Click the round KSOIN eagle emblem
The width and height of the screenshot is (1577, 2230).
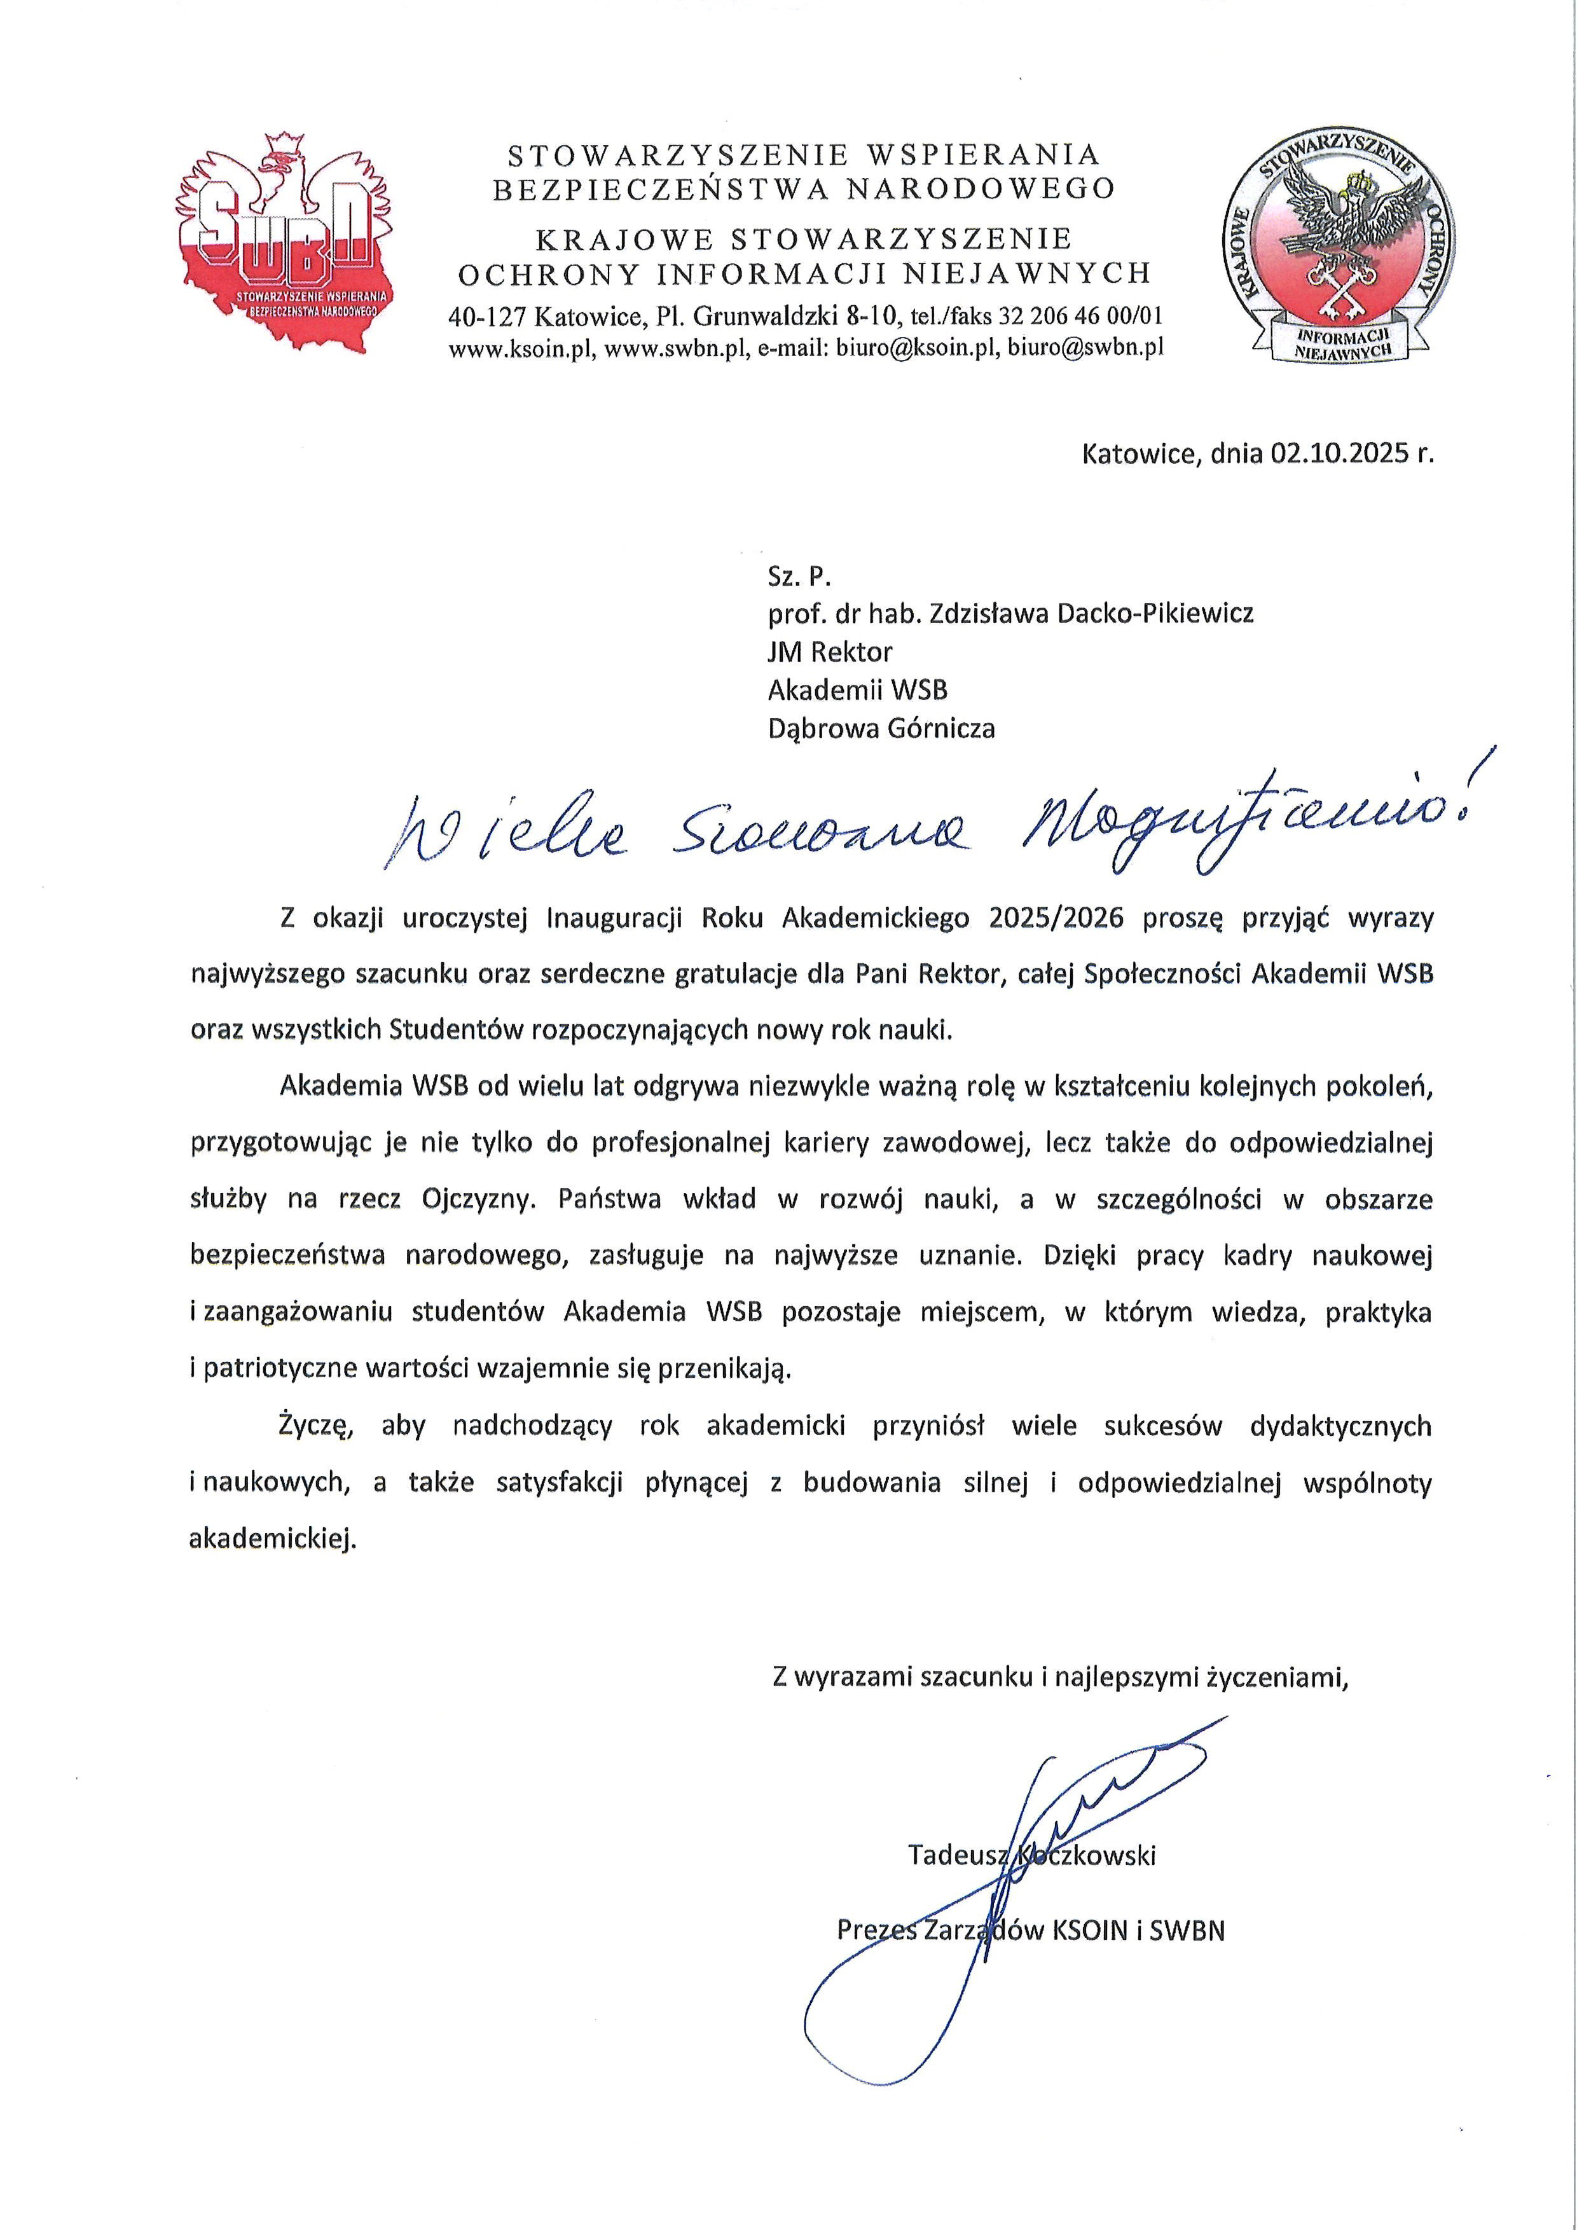(x=1328, y=250)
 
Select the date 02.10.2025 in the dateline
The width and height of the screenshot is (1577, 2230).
(x=1330, y=453)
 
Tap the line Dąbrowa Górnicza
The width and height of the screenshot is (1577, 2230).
(x=881, y=729)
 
